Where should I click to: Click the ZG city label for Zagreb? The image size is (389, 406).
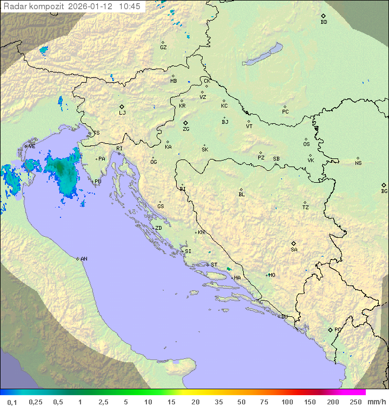(186, 129)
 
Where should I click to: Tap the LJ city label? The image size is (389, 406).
(122, 113)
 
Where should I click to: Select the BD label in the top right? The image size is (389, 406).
(324, 22)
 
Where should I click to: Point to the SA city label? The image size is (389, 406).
(294, 250)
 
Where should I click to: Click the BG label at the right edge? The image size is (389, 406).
(384, 191)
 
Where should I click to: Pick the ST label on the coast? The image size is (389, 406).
(214, 265)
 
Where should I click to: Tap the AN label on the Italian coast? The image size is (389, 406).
(84, 259)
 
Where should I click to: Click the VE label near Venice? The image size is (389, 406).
(32, 147)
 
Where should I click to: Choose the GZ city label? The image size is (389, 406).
(163, 48)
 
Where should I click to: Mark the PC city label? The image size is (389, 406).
(285, 112)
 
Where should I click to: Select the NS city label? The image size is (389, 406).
(358, 163)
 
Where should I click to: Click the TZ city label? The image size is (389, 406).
(306, 208)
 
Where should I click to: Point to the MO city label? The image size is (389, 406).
(272, 275)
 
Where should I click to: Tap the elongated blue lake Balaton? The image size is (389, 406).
(263, 55)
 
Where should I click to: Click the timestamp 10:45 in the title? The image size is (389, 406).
(130, 6)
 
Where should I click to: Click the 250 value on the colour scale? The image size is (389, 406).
(356, 402)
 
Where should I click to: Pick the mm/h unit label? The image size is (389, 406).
(376, 402)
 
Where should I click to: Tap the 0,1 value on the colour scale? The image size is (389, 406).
(12, 402)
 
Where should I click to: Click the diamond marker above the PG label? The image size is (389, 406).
(331, 329)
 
